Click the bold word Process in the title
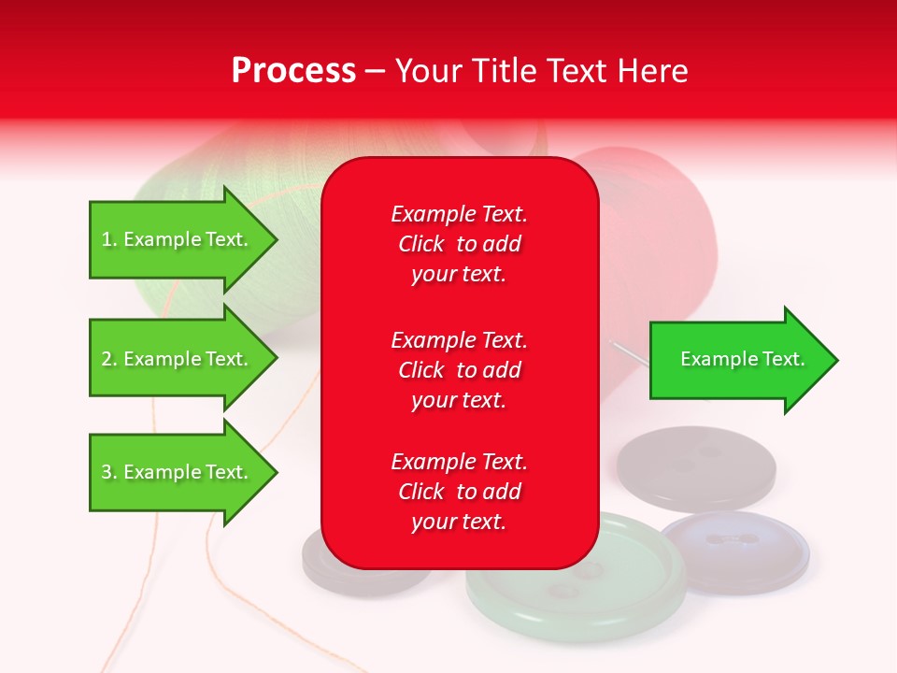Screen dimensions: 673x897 293,71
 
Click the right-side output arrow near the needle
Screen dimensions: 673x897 743,359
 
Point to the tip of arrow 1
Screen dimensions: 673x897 276,239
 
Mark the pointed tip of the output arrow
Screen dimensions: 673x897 836,360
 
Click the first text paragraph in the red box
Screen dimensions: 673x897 459,244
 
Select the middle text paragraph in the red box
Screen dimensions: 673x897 459,370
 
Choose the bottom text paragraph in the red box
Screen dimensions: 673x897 459,492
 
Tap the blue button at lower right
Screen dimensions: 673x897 736,551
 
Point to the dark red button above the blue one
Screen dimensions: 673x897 696,467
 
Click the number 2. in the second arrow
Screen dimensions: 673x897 109,359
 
